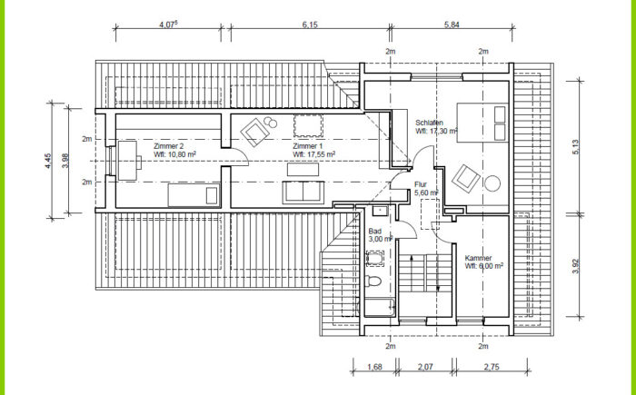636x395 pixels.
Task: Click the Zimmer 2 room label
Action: [169, 146]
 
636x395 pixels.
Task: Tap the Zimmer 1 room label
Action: [308, 146]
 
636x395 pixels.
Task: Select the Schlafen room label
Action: [429, 123]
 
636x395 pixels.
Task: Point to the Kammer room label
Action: [478, 258]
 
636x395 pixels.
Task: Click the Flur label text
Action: [421, 184]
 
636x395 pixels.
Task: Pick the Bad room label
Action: [374, 232]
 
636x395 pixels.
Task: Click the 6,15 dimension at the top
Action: [310, 25]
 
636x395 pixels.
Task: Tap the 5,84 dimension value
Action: [452, 25]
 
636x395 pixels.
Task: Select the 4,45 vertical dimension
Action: [48, 161]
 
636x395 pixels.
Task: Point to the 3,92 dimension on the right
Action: [576, 266]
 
